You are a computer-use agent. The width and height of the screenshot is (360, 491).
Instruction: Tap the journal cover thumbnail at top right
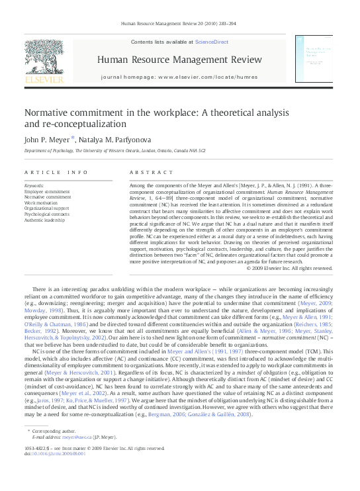pyautogui.click(x=314, y=60)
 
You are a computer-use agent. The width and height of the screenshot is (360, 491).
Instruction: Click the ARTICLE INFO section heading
pyautogui.click(x=56, y=172)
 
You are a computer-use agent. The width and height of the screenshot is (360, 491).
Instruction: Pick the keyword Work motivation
pyautogui.click(x=42, y=203)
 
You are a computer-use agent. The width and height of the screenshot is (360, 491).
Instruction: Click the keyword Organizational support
pyautogui.click(x=48, y=209)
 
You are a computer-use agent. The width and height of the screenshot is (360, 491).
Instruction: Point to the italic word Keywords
pyautogui.click(x=34, y=186)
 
